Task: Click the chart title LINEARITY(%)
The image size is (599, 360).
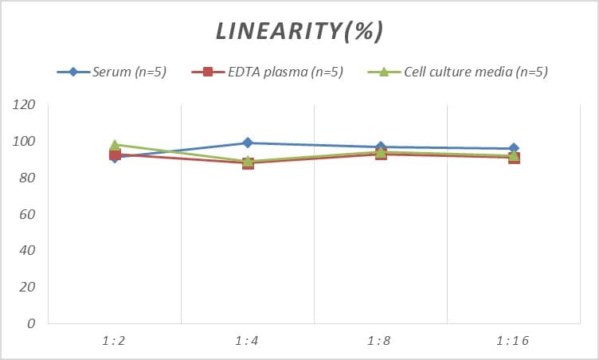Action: (299, 31)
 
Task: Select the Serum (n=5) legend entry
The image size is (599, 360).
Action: (127, 72)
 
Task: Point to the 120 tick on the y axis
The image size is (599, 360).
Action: (25, 105)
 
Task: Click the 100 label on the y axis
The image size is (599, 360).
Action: (25, 142)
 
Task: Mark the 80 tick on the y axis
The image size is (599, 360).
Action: (28, 178)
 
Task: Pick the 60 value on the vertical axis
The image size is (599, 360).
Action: (28, 214)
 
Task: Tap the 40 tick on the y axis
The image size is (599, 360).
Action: (28, 251)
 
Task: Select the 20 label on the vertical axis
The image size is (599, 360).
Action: (28, 288)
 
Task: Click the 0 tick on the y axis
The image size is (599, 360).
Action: (31, 324)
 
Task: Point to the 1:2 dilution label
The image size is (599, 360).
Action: (114, 341)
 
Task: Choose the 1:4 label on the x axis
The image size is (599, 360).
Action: (247, 341)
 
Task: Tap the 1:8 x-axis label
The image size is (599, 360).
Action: (380, 341)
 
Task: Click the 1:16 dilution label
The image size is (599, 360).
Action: (513, 341)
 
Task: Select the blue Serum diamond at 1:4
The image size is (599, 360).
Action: (248, 143)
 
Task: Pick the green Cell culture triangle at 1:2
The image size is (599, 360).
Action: (115, 145)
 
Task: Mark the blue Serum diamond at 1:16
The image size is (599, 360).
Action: (514, 148)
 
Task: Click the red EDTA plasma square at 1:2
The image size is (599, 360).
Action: (115, 155)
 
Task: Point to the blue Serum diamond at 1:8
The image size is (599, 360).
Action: (381, 147)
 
